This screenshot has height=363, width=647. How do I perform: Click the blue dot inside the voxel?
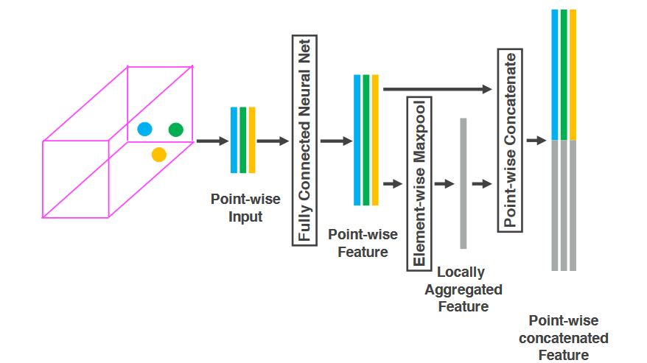pyautogui.click(x=144, y=130)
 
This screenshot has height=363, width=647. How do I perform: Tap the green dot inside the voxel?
pyautogui.click(x=175, y=130)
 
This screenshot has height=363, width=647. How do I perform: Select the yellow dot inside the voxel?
pyautogui.click(x=158, y=154)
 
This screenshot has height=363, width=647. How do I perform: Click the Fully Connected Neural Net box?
pyautogui.click(x=304, y=139)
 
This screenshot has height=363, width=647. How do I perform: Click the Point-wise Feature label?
pyautogui.click(x=363, y=243)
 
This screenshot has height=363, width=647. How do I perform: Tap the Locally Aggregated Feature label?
pyautogui.click(x=464, y=289)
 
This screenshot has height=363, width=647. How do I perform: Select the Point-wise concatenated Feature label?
pyautogui.click(x=564, y=338)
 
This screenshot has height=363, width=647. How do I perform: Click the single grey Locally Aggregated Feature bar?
pyautogui.click(x=464, y=183)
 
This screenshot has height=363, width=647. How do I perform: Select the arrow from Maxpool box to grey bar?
pyautogui.click(x=444, y=183)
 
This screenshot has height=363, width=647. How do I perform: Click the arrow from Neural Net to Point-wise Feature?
pyautogui.click(x=336, y=141)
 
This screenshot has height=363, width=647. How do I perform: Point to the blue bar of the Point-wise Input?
pyautogui.click(x=234, y=140)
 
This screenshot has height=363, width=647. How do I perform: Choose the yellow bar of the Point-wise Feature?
pyautogui.click(x=375, y=140)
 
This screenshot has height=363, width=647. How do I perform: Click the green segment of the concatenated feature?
pyautogui.click(x=564, y=74)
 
